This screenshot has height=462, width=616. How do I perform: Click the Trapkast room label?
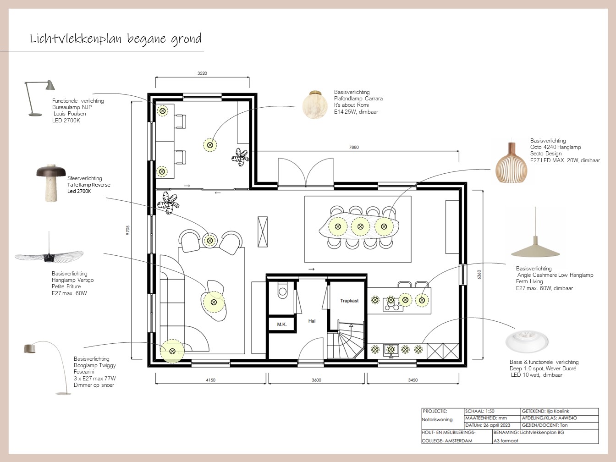(349, 301)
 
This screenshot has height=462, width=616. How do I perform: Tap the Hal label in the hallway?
(312, 321)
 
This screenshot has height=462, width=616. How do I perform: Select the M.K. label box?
(282, 324)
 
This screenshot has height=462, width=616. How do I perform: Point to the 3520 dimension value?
(202, 73)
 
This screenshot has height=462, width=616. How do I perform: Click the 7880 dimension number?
(354, 147)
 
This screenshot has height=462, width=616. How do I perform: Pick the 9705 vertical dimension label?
(128, 230)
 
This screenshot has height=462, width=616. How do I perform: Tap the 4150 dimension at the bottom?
(210, 380)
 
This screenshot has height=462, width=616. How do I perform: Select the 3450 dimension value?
(413, 380)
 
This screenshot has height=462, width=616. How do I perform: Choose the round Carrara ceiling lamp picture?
(315, 104)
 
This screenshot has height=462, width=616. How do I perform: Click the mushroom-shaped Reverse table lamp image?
(51, 183)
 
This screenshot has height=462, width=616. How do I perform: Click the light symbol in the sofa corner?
(172, 351)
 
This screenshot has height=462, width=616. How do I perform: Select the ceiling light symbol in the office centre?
(210, 145)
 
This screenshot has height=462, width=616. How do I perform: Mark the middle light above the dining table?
(361, 226)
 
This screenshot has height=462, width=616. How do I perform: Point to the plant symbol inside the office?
(240, 157)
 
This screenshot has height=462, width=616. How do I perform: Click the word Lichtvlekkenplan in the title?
(75, 38)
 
